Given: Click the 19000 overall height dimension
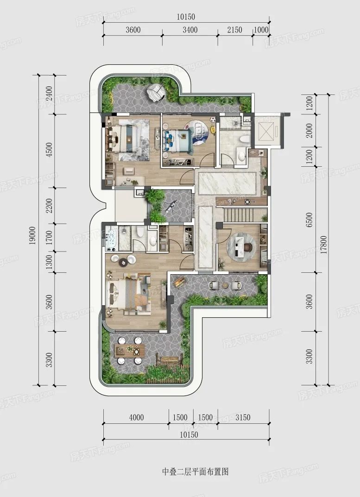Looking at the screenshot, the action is click(34, 235).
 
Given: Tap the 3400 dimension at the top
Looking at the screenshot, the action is click(190, 30).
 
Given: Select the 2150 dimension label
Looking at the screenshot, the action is click(235, 30).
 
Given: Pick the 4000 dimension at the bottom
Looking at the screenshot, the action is click(136, 417).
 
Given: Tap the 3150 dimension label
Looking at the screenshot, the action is click(243, 417).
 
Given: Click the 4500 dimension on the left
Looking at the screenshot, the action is click(49, 150).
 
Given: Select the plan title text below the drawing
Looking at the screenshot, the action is click(196, 472).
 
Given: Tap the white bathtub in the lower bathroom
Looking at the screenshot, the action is click(112, 238).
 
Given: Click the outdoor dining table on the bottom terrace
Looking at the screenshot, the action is click(130, 350).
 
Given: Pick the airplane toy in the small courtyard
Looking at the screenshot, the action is click(171, 207).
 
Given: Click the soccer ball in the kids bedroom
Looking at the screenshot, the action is click(213, 120).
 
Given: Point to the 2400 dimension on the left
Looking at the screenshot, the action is click(49, 94).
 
